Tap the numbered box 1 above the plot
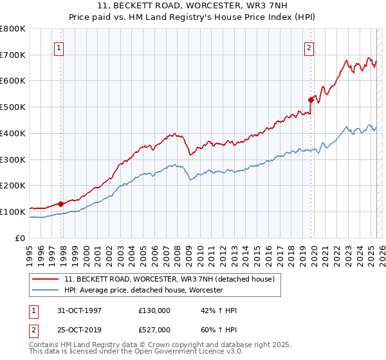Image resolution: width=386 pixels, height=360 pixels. (x=59, y=47)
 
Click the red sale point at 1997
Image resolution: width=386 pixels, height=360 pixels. (x=61, y=204)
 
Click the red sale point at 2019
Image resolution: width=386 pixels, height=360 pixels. (x=311, y=100)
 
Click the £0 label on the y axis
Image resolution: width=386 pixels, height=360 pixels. (x=21, y=238)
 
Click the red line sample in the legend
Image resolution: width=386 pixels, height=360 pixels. (x=46, y=279)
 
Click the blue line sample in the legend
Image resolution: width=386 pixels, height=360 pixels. (x=46, y=290)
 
